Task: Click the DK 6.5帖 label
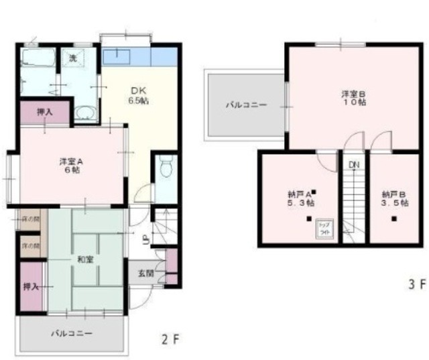(x=139, y=96)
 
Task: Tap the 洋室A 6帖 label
(x=70, y=166)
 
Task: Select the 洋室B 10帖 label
(x=353, y=98)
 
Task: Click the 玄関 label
(x=146, y=273)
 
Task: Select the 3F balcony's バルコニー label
(x=246, y=105)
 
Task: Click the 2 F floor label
(x=171, y=339)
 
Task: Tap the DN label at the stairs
(x=353, y=164)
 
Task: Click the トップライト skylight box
(x=324, y=229)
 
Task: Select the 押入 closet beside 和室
(x=31, y=287)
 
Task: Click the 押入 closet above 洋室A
(x=44, y=112)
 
